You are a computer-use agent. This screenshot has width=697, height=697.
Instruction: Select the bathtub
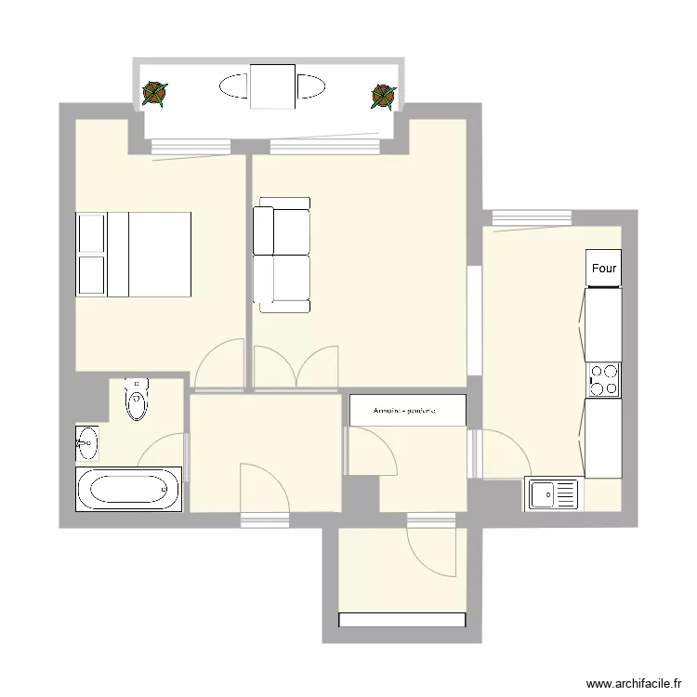pyautogui.click(x=128, y=489)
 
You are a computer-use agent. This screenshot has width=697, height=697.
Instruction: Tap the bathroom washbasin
pyautogui.click(x=87, y=442)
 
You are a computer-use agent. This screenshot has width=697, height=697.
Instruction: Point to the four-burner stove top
pyautogui.click(x=603, y=379)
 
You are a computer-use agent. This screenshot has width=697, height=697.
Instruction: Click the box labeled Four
pyautogui.click(x=603, y=269)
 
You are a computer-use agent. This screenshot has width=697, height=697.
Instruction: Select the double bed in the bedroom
pyautogui.click(x=134, y=255)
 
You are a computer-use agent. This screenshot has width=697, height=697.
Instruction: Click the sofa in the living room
pyautogui.click(x=282, y=255)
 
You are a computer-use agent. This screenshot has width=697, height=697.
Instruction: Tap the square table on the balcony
pyautogui.click(x=272, y=86)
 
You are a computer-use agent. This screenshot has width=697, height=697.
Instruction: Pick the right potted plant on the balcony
pyautogui.click(x=383, y=96)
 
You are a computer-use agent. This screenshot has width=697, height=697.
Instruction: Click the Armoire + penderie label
pyautogui.click(x=406, y=410)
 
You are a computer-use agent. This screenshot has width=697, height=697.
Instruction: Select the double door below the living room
pyautogui.click(x=296, y=367)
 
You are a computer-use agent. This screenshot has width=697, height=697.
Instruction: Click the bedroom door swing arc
pyautogui.click(x=219, y=362)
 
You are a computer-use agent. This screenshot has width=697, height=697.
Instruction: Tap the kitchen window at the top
pyautogui.click(x=531, y=217)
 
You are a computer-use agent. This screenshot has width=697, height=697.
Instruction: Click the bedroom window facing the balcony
pyautogui.click(x=191, y=146)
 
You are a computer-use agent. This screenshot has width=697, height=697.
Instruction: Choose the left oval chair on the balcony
pyautogui.click(x=233, y=87)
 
